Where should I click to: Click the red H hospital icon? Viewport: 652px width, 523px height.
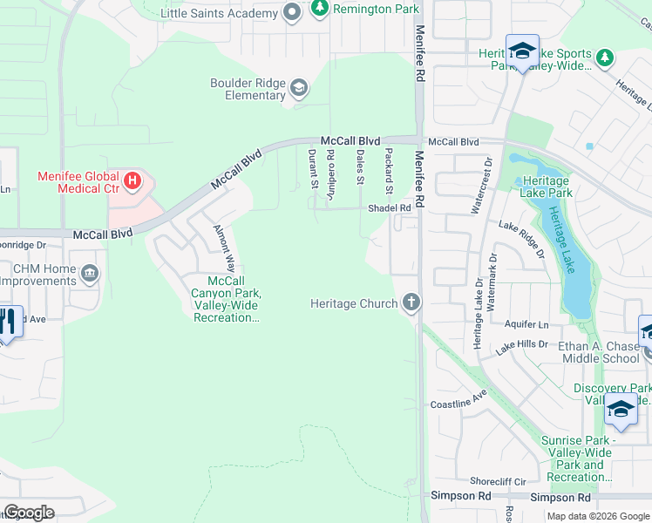point(132,181)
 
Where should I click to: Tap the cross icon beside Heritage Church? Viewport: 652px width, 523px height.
point(411,303)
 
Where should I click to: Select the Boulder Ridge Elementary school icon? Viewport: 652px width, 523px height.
point(299,87)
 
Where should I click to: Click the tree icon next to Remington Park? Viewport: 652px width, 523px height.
point(320,9)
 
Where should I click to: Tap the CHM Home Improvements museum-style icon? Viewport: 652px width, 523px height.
point(89,275)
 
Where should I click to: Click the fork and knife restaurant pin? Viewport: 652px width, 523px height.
point(7,321)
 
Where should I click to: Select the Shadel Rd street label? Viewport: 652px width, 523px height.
point(389,208)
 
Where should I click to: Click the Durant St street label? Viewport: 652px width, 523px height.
point(312,168)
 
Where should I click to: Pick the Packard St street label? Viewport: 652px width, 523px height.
point(389,171)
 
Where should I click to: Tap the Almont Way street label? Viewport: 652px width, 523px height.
point(224,248)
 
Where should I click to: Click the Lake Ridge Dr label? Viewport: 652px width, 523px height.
point(521,239)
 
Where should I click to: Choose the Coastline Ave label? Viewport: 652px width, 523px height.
point(458,405)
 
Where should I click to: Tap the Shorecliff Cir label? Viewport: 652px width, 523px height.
point(498,480)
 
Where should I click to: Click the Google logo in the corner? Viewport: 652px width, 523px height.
point(29,513)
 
